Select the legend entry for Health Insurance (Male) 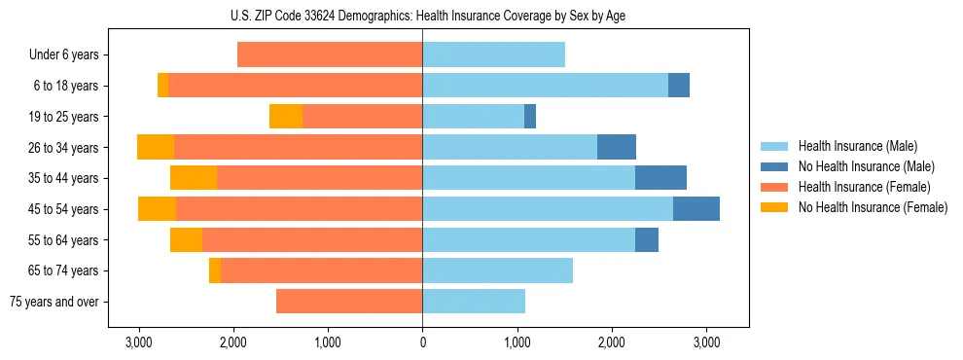(857, 146)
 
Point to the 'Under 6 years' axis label (63, 55)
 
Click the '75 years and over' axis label (53, 302)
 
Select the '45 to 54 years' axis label (61, 209)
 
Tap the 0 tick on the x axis (422, 342)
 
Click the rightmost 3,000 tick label (706, 342)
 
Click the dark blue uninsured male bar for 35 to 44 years (660, 178)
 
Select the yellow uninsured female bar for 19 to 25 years (286, 117)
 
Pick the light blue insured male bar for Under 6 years (493, 55)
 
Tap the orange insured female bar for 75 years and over (349, 302)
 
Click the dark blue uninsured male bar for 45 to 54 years (696, 209)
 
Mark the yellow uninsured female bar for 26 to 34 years (156, 147)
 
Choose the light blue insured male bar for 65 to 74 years (497, 270)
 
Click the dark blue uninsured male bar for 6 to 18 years (679, 86)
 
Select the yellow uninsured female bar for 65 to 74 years (215, 270)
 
